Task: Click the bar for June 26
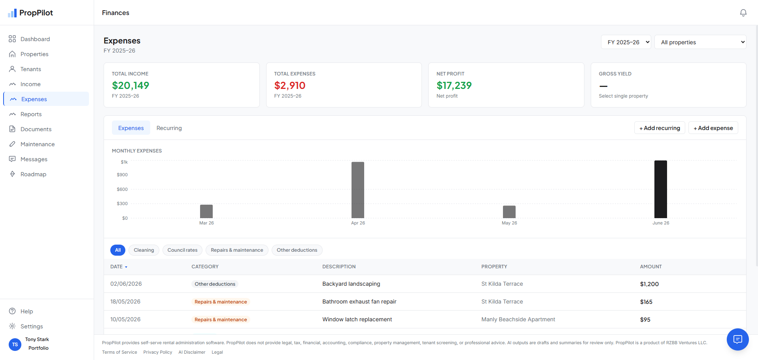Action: tap(660, 189)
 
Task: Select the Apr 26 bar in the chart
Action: tap(358, 190)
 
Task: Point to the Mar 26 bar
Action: tap(206, 211)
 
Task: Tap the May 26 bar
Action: tap(509, 212)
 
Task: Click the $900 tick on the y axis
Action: tap(122, 175)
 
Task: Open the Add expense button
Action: tap(713, 128)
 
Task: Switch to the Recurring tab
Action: tap(169, 128)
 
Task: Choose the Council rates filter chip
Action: tap(182, 250)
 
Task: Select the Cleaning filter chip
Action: tap(144, 250)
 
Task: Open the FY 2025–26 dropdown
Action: tap(626, 42)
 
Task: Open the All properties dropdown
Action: tap(700, 42)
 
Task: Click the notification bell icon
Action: tap(743, 13)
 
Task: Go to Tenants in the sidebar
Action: tap(31, 69)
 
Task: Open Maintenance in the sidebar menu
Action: tap(38, 144)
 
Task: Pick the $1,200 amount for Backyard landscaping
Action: tap(649, 284)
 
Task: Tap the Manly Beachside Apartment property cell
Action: tap(518, 319)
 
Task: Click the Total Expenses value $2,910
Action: tap(290, 85)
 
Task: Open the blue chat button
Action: tap(737, 339)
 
